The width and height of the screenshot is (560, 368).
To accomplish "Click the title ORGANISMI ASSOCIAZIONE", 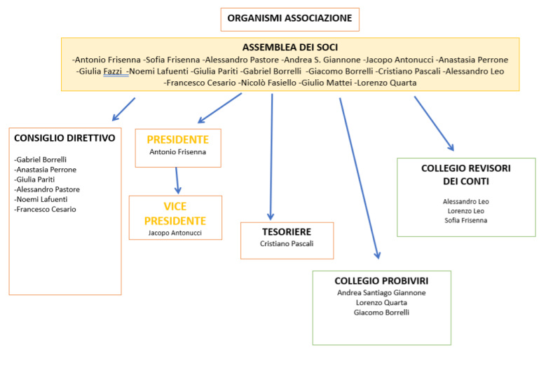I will tap(289, 19).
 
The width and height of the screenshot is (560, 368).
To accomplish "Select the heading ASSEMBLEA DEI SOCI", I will tap(289, 47).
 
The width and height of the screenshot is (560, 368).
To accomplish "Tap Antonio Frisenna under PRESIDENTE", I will tap(177, 151).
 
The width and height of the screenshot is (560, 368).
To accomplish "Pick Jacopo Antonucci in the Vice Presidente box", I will tap(175, 232).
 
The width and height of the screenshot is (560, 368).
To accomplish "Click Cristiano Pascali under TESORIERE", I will tap(287, 244).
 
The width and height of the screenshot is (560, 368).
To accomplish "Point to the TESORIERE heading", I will tap(287, 231).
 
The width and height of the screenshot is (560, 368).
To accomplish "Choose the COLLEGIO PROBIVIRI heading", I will tap(381, 280).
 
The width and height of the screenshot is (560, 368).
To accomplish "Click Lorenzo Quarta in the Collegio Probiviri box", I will tap(381, 303).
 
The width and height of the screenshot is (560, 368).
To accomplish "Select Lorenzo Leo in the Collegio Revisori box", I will tap(466, 211).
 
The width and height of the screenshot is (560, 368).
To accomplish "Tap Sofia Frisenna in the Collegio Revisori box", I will tap(466, 220).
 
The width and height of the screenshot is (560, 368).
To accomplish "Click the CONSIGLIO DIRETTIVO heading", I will tap(64, 138).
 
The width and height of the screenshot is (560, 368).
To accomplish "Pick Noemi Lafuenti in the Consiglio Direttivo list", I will tap(43, 199).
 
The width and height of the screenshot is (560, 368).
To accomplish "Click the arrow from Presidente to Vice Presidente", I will tap(177, 180).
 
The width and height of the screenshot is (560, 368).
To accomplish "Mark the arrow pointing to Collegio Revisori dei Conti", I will tap(434, 123).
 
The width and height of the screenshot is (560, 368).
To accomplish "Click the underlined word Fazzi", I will tap(116, 71).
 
